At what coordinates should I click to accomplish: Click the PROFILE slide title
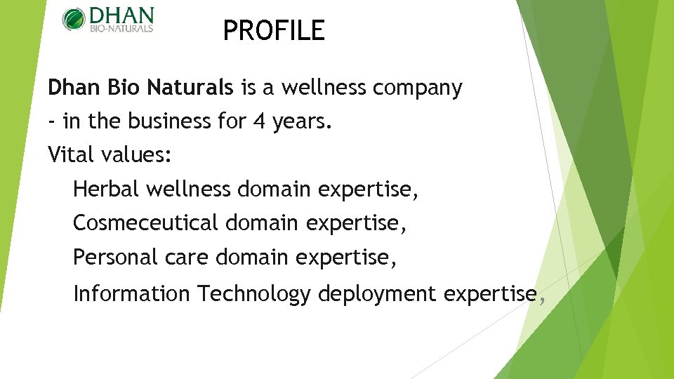click(x=274, y=31)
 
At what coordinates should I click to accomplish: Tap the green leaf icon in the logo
click(x=73, y=19)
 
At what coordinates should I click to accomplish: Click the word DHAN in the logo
click(x=120, y=15)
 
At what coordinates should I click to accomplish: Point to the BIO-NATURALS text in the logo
click(x=121, y=29)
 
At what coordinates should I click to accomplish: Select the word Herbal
click(x=101, y=189)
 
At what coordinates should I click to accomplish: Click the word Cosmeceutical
click(x=146, y=223)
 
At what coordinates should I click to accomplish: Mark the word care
click(x=187, y=258)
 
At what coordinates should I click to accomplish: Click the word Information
click(x=131, y=293)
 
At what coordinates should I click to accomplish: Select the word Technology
click(x=253, y=294)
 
